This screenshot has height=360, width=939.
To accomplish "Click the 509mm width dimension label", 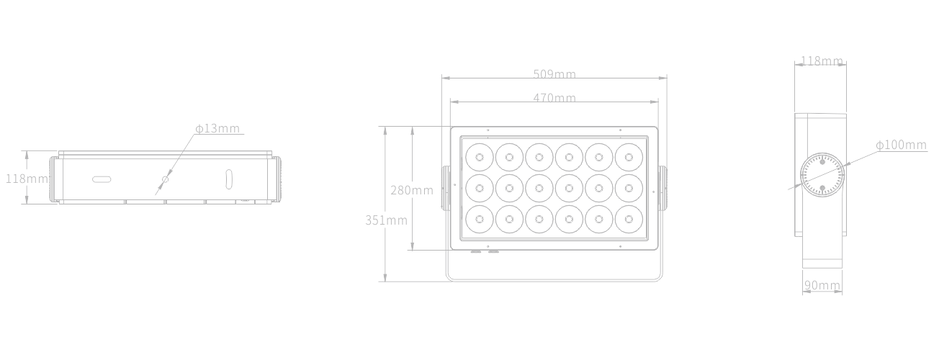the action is (554, 74).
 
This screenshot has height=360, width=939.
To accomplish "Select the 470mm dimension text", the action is (554, 98).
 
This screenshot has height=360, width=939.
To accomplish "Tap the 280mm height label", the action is (412, 190).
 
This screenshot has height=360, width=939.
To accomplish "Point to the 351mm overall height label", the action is (386, 220).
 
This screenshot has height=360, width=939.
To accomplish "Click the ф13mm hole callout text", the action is (217, 128).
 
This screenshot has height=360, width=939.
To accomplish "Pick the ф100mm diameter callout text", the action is (902, 145).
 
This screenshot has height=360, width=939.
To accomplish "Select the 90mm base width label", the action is (822, 285).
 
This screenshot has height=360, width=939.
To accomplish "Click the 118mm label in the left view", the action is (27, 179).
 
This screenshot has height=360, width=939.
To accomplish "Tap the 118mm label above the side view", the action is (822, 61).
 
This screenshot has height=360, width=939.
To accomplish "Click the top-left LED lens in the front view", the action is (480, 157).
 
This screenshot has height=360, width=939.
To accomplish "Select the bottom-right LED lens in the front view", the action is (629, 219).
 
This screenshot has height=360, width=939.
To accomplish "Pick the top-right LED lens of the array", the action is (629, 157).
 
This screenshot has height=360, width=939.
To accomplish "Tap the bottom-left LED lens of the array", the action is (480, 219).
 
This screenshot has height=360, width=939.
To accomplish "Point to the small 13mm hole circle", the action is (165, 179).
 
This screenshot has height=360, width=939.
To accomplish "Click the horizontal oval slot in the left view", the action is (102, 180).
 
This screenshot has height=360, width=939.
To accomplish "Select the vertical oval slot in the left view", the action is (229, 179).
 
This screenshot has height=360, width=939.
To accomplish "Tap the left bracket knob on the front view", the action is (446, 188).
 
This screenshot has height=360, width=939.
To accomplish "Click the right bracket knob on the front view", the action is (662, 188).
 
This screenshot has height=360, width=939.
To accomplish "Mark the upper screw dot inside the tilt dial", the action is (822, 162).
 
